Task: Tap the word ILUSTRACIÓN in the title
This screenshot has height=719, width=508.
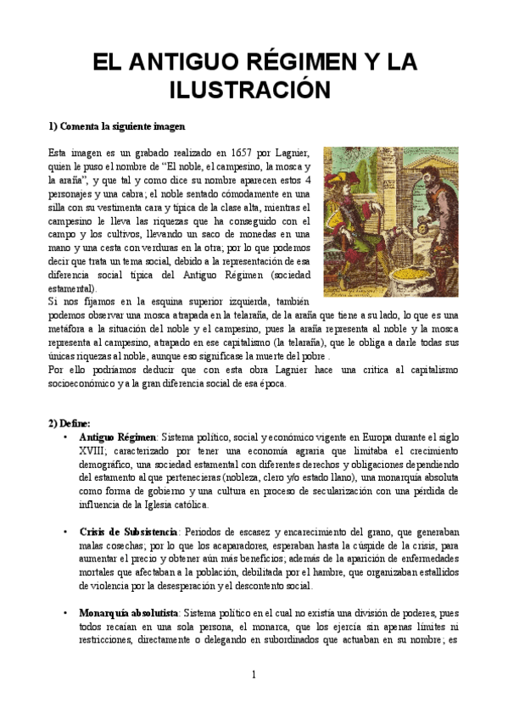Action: tap(254, 90)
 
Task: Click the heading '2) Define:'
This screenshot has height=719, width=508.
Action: tap(75, 422)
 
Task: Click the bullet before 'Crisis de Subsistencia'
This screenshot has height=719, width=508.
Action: tap(66, 532)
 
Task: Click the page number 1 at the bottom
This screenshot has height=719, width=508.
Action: tap(253, 674)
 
